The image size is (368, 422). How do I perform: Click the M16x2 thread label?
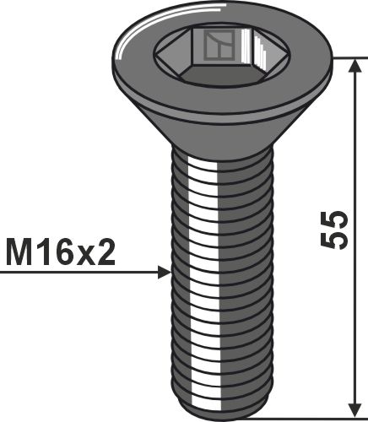click(x=61, y=252)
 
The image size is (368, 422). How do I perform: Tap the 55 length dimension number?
click(x=334, y=230)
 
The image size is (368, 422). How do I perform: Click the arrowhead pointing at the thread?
click(x=165, y=273)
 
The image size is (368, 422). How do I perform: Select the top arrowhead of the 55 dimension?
click(x=356, y=66)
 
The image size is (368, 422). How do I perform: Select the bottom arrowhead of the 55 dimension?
click(x=356, y=409)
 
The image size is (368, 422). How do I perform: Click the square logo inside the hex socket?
click(x=219, y=45)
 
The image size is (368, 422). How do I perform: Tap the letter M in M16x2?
click(x=19, y=252)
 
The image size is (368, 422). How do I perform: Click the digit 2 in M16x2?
click(x=106, y=252)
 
